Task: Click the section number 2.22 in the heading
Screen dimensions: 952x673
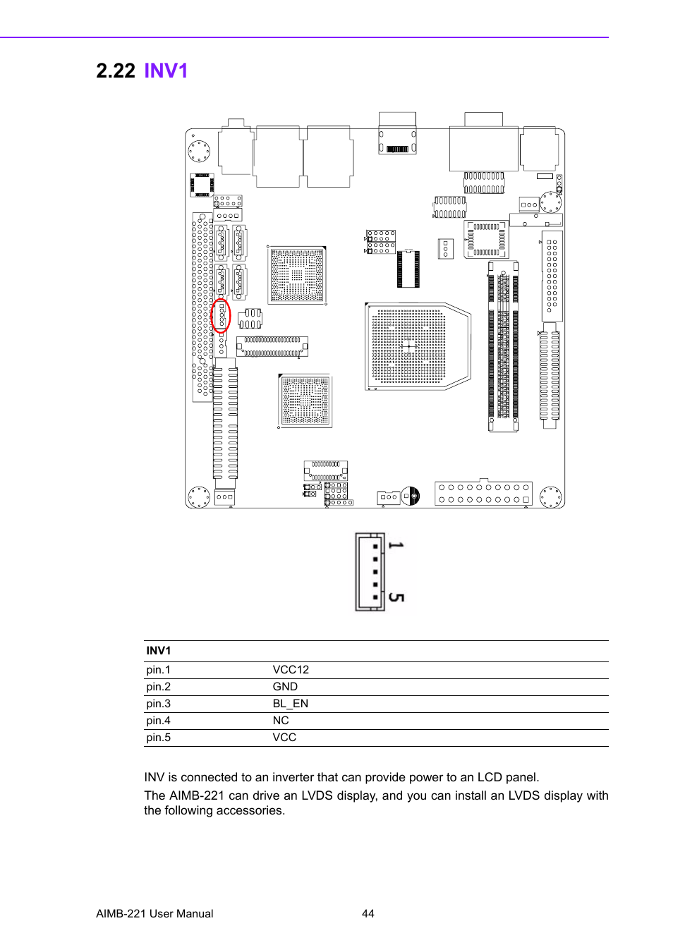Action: (115, 71)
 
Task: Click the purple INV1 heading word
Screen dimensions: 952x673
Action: (166, 71)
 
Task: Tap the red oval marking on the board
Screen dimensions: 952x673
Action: (221, 316)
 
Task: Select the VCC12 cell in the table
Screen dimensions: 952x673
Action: (291, 670)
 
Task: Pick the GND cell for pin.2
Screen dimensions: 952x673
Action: (285, 687)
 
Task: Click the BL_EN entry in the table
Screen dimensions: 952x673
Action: (290, 704)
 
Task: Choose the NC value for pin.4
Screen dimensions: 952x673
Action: (281, 721)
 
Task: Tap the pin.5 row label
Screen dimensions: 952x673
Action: (158, 738)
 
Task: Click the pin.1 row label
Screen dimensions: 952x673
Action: (158, 670)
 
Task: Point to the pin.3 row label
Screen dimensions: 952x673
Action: (158, 704)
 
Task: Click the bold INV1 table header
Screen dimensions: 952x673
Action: (158, 651)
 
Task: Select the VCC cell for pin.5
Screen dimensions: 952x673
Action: (284, 738)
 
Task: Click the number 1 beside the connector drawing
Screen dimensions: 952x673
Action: (396, 546)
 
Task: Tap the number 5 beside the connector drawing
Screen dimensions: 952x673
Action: (396, 597)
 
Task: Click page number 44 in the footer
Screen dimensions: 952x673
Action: (368, 914)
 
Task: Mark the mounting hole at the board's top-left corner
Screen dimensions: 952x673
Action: (199, 151)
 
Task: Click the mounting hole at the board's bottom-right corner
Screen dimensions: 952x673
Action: (550, 496)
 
